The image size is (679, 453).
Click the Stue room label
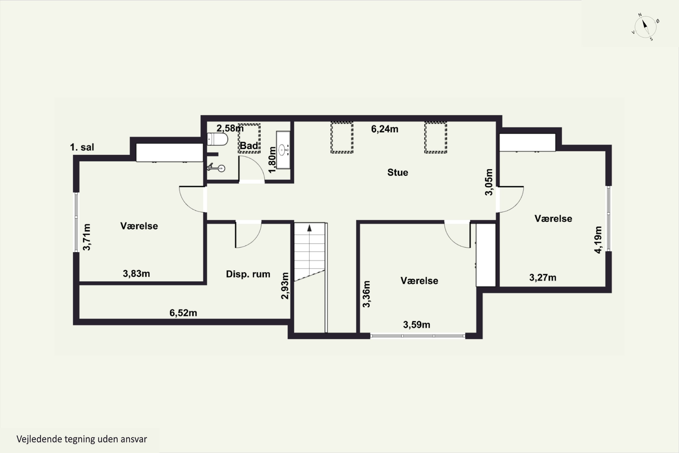[397, 172]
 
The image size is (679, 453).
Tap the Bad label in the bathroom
[249, 146]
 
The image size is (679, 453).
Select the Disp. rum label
[248, 274]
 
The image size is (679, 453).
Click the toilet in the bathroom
[217, 139]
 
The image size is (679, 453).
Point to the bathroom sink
[283, 150]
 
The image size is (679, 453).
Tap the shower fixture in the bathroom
[216, 167]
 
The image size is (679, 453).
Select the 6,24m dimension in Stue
[385, 129]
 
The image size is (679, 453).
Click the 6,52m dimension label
[183, 313]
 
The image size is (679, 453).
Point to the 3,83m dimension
[136, 273]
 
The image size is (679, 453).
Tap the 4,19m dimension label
[598, 240]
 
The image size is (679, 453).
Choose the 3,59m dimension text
[417, 325]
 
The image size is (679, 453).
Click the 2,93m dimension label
[285, 286]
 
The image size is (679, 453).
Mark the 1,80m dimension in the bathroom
[272, 160]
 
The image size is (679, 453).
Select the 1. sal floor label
[82, 147]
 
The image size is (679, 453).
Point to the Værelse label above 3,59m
[419, 281]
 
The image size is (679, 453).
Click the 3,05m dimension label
[488, 182]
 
